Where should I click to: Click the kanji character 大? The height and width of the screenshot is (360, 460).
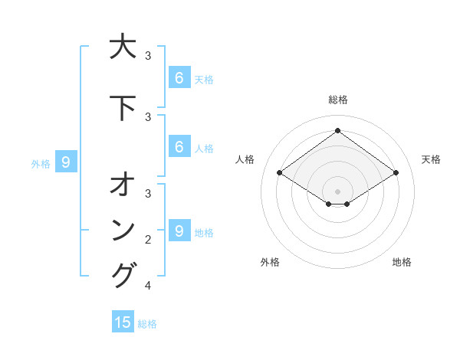123,47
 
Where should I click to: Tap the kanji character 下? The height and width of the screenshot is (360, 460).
123,108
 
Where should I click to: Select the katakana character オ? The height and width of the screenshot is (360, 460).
123,185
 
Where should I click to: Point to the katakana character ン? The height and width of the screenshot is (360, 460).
123,230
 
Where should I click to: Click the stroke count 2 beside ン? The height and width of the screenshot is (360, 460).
148,240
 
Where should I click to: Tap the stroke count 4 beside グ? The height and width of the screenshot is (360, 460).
148,286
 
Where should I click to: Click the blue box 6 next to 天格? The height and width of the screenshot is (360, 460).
179,77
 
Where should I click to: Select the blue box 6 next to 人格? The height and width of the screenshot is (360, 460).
179,147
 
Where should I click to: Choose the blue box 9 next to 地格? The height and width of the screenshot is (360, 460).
179,231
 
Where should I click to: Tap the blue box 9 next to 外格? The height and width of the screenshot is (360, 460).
66,162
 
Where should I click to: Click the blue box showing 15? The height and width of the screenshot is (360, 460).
123,322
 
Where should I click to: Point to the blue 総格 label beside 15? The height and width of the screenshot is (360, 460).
147,324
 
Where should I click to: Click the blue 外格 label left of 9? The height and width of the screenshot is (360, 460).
41,163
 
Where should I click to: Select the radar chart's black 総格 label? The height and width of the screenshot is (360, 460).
337,100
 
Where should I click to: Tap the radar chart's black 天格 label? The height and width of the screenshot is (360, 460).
431,159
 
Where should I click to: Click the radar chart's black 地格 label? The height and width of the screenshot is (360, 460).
402,262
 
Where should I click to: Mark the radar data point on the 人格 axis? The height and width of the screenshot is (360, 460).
279,173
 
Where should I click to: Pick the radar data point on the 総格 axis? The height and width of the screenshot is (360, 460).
337,131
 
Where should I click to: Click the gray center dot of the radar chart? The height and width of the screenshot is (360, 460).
337,191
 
